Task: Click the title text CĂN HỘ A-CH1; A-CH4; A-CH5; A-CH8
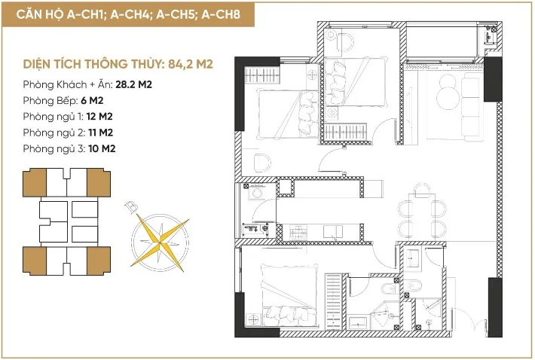128,14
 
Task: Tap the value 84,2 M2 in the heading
191,64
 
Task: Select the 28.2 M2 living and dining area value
134,84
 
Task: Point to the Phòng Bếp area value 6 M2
92,101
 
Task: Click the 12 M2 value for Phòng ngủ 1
99,117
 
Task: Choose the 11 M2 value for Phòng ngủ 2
100,133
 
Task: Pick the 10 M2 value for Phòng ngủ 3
102,148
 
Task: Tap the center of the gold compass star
160,243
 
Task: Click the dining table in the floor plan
423,214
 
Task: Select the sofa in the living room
472,107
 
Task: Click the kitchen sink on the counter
333,231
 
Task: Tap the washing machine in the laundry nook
257,194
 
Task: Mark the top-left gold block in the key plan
35,182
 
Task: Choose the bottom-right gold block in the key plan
99,261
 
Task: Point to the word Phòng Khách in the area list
55,84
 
